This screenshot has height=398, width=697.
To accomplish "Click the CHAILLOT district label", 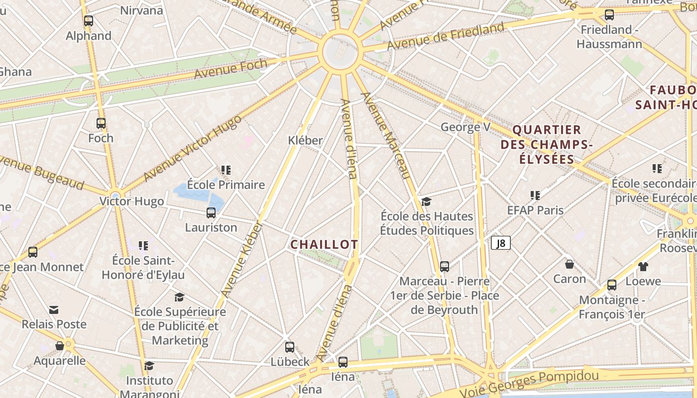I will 324,244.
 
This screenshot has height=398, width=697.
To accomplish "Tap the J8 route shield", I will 501,243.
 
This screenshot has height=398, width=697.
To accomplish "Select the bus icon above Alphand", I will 89,21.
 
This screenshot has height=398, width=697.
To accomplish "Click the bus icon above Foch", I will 101,123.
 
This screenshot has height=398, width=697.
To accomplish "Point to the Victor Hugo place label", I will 131,201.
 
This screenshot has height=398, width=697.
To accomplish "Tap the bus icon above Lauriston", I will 211,213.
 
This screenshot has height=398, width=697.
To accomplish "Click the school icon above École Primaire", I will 226,170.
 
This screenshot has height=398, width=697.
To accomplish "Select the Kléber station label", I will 305,140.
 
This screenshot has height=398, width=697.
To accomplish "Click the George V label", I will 465,127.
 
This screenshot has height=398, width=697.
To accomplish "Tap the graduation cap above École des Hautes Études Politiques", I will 426,201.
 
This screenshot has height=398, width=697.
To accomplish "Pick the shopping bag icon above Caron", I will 570,264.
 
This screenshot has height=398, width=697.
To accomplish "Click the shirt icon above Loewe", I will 643,267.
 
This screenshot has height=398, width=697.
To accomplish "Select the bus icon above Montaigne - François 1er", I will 612,285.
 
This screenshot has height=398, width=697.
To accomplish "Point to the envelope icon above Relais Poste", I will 54,310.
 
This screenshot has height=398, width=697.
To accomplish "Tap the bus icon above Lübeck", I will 290,347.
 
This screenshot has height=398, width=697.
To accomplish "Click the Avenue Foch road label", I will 231,69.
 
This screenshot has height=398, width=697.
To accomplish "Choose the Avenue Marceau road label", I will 386,135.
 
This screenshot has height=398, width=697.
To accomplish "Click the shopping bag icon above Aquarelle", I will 60,346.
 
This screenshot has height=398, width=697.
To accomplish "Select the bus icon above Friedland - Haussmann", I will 609,15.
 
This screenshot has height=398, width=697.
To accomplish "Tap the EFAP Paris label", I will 535,210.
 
